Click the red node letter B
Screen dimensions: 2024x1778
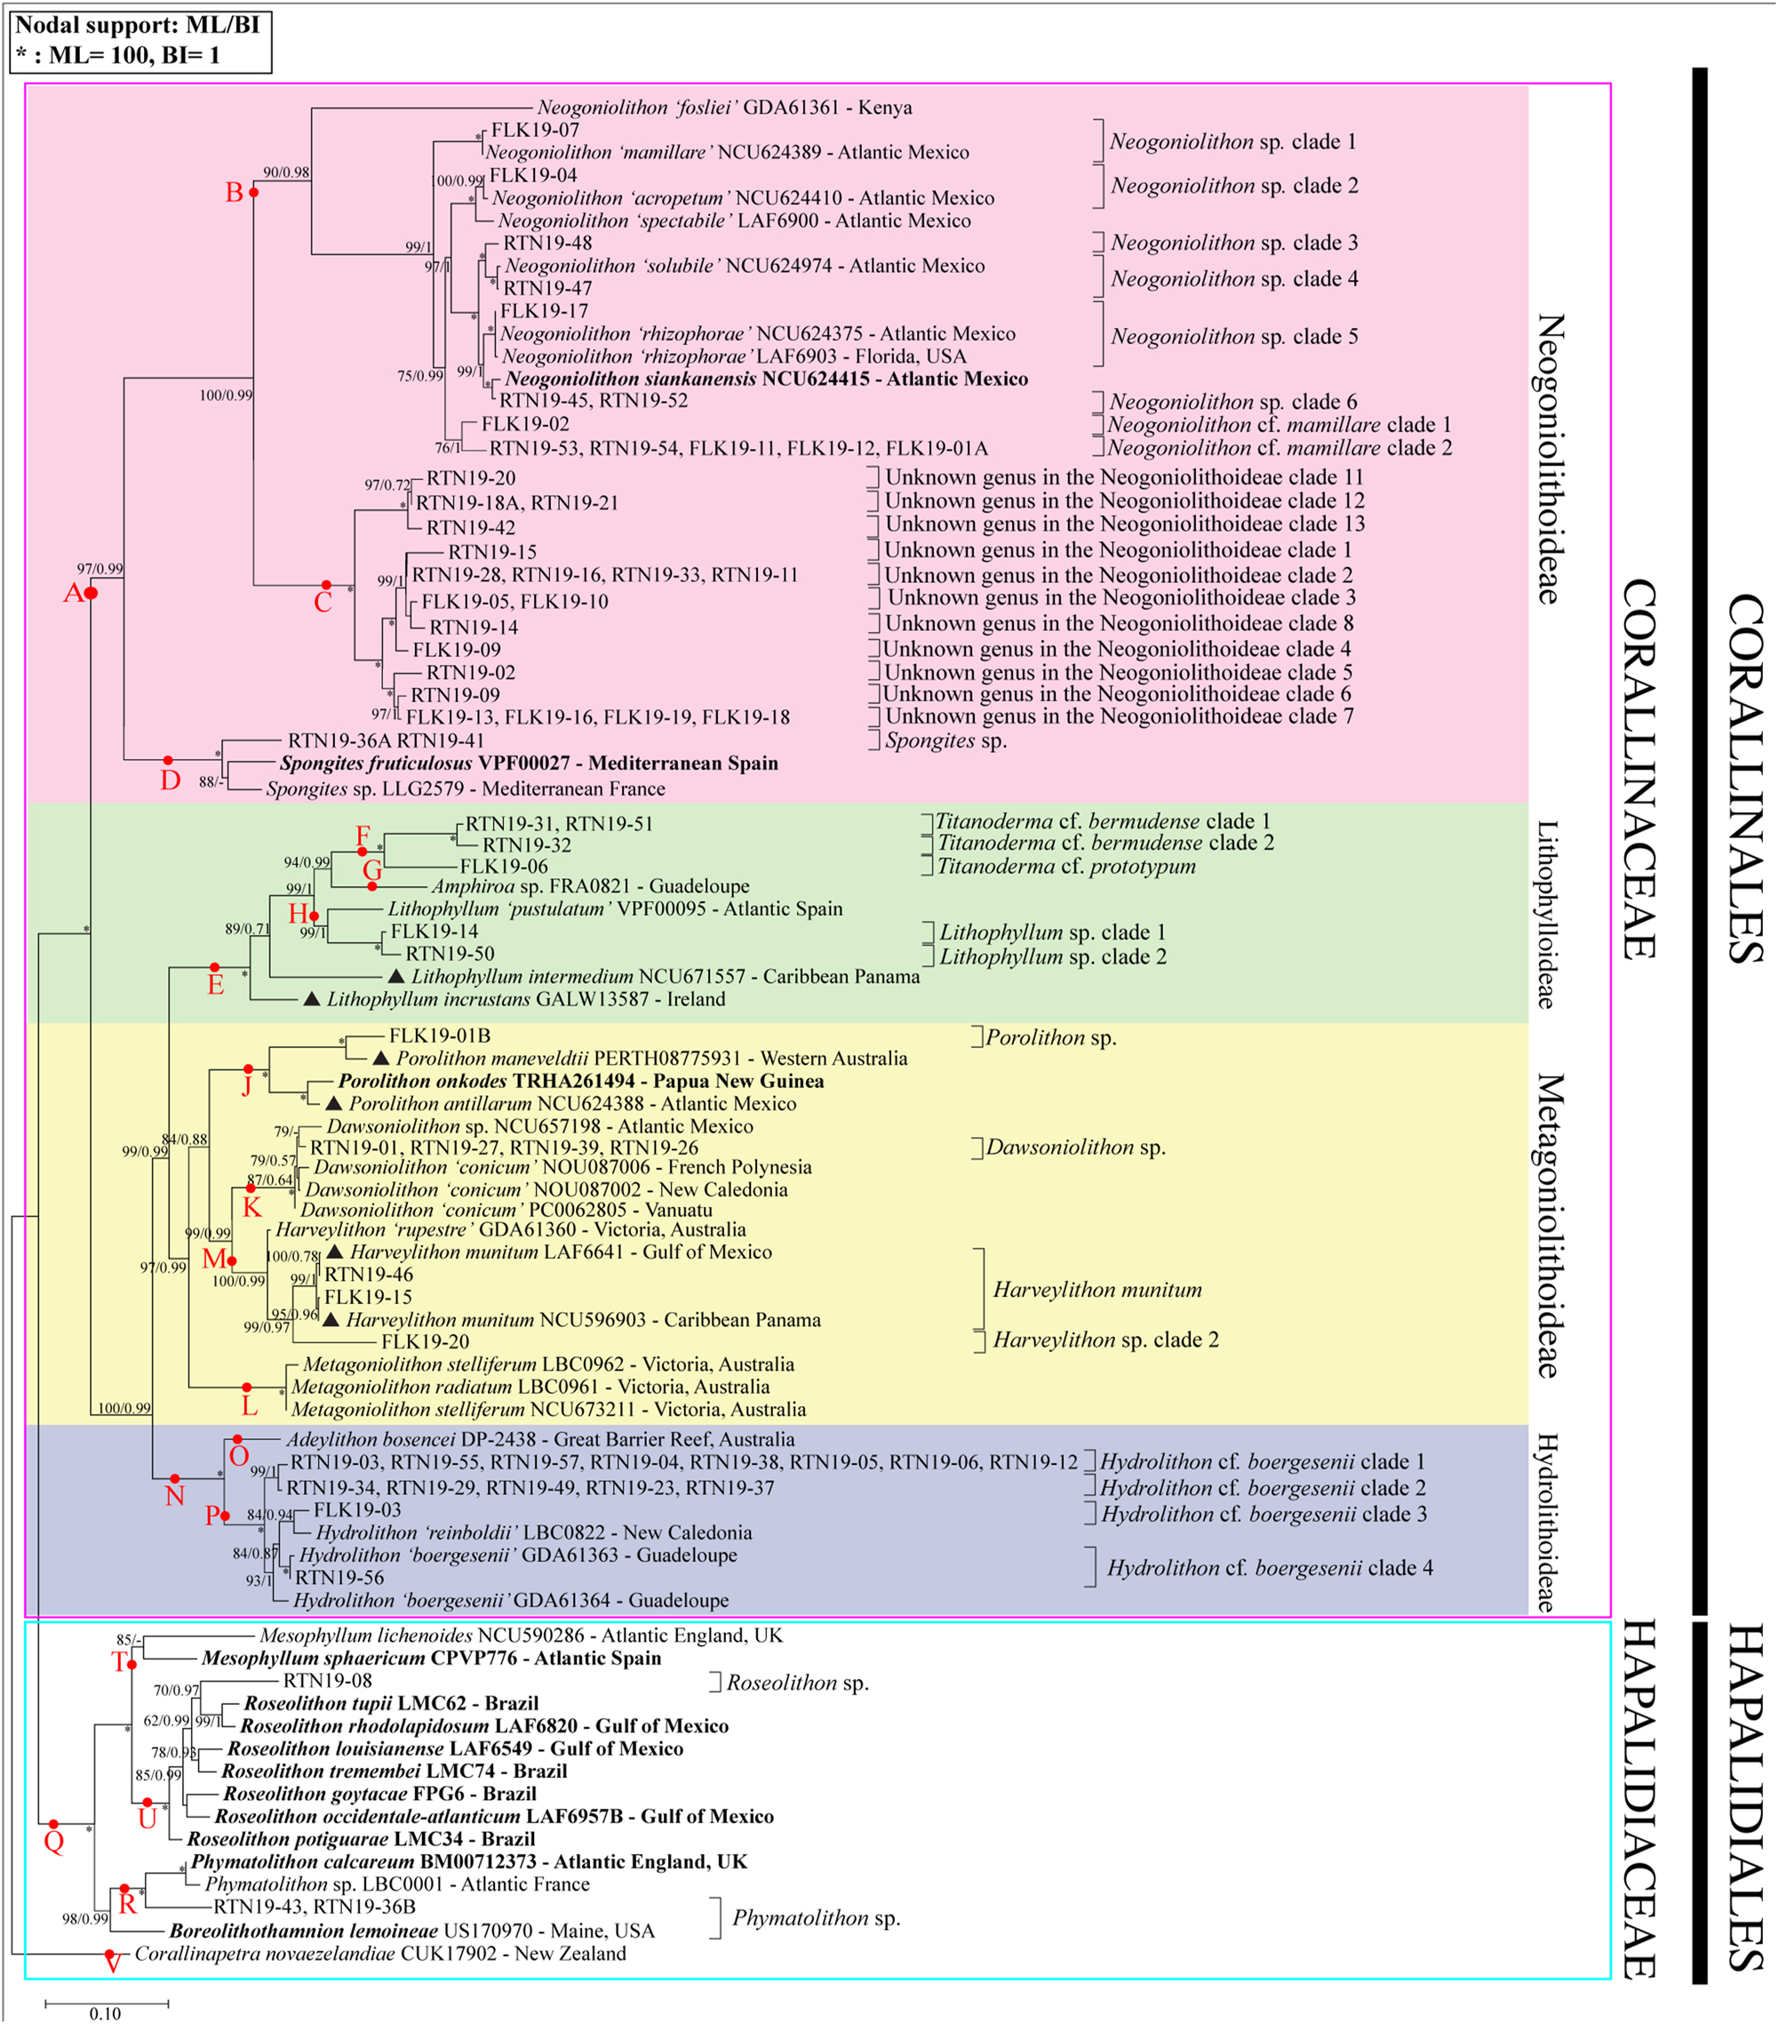(x=234, y=192)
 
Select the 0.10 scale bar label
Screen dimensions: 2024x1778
(x=105, y=2013)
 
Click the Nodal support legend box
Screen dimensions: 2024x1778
(x=140, y=40)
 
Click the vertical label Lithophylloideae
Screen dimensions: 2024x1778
(x=1545, y=914)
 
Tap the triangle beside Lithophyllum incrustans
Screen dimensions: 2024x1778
(x=311, y=999)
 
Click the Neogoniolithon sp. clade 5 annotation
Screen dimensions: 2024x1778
(x=1233, y=337)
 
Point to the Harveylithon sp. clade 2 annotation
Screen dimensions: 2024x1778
(x=1105, y=1340)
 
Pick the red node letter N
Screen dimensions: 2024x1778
(x=174, y=1496)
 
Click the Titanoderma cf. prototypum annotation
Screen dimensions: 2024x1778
(x=1066, y=867)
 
